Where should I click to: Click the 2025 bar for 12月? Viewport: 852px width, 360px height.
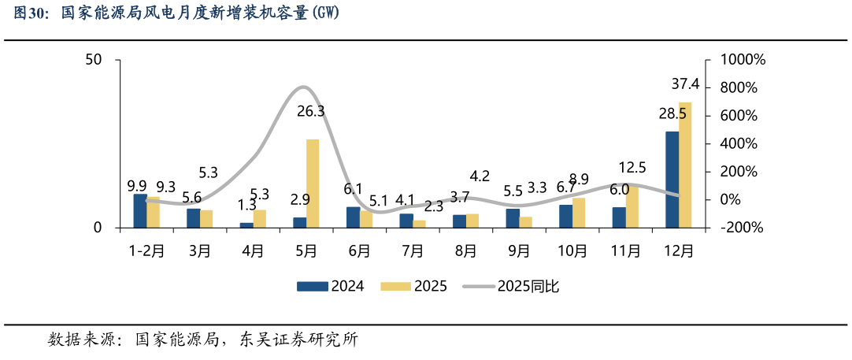(685, 165)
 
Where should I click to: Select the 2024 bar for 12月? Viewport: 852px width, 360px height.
(672, 180)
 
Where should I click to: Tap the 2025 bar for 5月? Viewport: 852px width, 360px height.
(313, 184)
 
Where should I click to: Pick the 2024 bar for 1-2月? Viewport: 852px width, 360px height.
(139, 211)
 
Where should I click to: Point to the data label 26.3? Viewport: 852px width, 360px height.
(311, 112)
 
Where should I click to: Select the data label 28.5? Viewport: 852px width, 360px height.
(672, 114)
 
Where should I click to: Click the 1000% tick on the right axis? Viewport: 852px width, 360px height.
(737, 60)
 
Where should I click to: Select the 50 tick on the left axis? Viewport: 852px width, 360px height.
(93, 60)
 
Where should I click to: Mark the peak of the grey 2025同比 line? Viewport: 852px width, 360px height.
(305, 87)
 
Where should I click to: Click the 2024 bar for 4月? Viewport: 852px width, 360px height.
(246, 225)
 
